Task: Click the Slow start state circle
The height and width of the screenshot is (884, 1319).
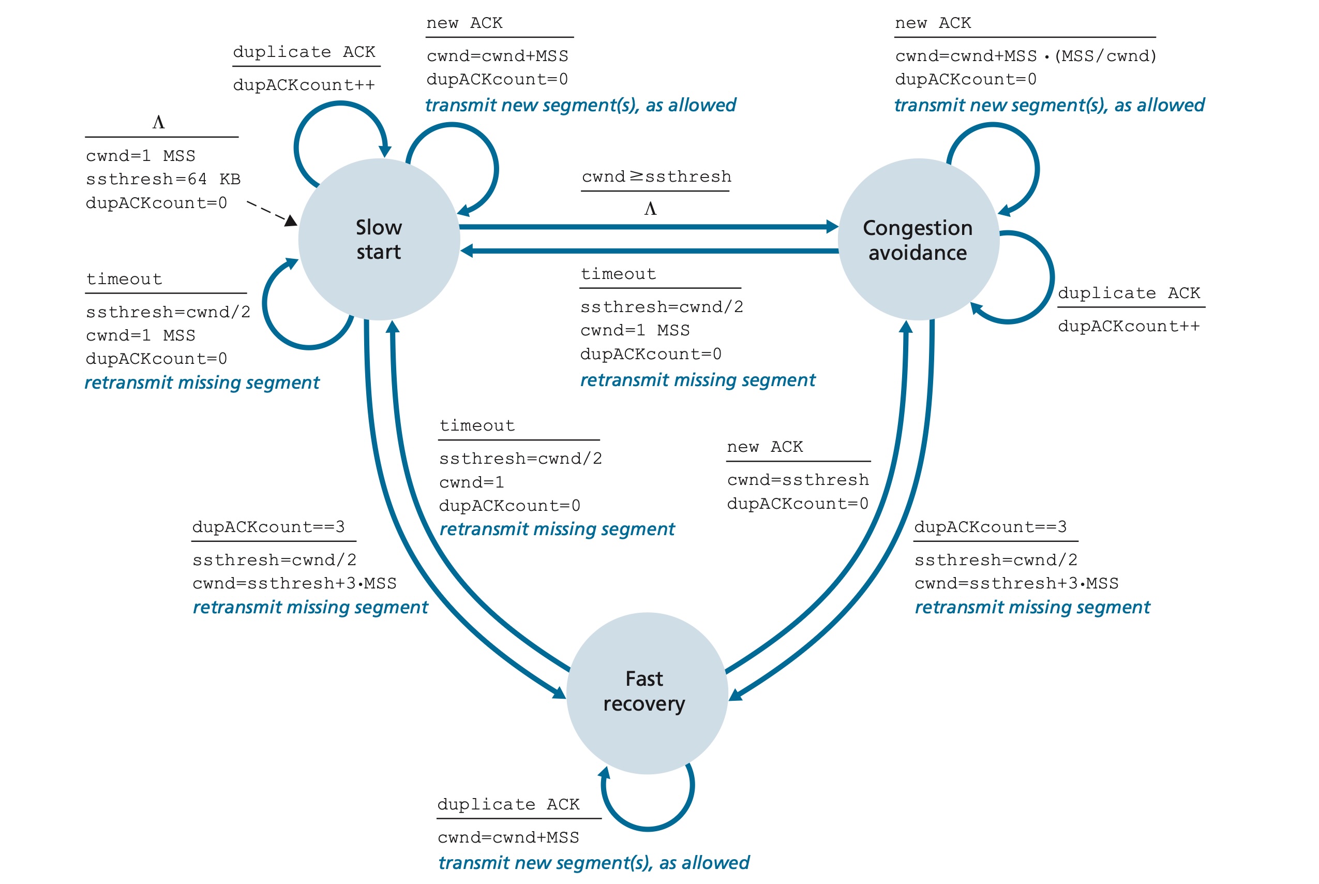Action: pos(379,240)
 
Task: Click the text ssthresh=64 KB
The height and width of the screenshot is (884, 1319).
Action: pos(163,179)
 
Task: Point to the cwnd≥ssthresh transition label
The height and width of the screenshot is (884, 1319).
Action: pos(656,177)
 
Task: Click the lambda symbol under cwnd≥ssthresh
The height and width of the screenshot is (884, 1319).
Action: pos(650,209)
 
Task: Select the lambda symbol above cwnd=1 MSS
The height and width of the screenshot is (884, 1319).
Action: pos(158,122)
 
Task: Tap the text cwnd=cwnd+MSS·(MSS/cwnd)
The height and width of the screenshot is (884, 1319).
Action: pos(1025,56)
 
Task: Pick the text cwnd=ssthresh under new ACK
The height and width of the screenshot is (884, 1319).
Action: pos(797,480)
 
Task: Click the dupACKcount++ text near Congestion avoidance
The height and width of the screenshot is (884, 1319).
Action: pos(1129,327)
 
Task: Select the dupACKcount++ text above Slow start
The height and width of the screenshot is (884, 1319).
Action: pos(304,85)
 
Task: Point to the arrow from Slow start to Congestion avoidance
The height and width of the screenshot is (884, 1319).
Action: pos(648,227)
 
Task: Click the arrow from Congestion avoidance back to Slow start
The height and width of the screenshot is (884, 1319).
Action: pos(648,251)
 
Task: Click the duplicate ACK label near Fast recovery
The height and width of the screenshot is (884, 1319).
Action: pos(508,804)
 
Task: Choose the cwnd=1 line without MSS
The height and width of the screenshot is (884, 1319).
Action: pos(471,482)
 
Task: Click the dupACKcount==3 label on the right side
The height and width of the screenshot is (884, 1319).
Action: pos(990,527)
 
